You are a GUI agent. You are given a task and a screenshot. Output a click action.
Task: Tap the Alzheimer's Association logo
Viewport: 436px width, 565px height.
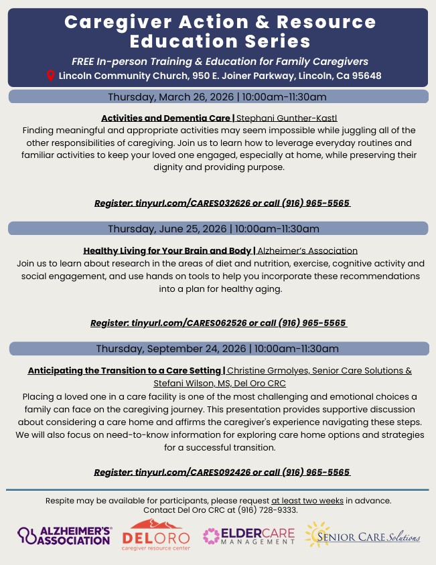click(65, 535)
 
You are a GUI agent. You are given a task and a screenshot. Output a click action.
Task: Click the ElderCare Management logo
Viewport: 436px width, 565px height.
click(249, 536)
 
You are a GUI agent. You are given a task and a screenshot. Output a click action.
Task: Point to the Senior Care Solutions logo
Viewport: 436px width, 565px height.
click(362, 536)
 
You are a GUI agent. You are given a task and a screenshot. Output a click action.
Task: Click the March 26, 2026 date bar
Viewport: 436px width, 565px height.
click(218, 96)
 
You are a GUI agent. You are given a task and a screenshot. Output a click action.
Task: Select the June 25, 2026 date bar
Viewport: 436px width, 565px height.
click(218, 228)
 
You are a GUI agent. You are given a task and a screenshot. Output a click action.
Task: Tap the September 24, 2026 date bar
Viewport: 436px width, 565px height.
click(218, 348)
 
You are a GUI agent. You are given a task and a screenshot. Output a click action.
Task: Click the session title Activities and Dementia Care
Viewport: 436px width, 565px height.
click(166, 118)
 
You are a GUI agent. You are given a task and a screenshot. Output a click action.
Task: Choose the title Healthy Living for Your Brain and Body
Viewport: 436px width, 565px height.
click(168, 250)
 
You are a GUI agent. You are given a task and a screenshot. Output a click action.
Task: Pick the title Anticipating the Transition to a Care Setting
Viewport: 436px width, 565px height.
click(125, 370)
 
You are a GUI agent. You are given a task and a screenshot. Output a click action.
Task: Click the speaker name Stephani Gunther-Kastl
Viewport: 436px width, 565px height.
click(287, 118)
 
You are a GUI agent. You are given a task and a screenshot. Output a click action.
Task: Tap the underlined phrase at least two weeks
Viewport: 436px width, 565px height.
click(307, 500)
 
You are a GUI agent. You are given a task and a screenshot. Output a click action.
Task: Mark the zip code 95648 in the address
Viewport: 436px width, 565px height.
click(367, 76)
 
